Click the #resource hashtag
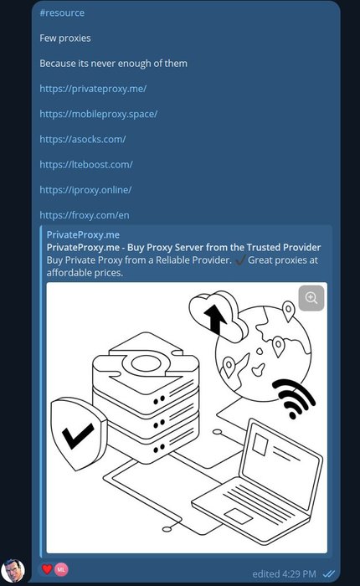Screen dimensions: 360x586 (62, 13)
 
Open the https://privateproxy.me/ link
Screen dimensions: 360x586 (93, 89)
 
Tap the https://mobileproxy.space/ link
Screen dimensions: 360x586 (99, 114)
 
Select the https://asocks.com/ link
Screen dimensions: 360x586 (83, 140)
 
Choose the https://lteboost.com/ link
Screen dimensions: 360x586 (86, 164)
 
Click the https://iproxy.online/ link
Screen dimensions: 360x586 (85, 190)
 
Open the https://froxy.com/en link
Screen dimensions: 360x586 (85, 215)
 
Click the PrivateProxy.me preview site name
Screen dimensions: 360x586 (83, 234)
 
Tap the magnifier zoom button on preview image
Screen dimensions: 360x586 (311, 298)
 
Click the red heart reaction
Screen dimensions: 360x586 (47, 569)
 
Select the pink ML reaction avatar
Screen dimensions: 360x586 (61, 569)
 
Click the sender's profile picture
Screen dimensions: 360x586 (13, 571)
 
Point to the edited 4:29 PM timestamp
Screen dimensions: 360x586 (284, 574)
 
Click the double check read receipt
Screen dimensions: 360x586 (328, 573)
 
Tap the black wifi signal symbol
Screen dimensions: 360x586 (294, 398)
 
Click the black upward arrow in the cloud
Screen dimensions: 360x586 (214, 318)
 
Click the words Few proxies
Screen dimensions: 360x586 (65, 39)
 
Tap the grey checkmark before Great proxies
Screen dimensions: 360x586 (240, 260)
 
